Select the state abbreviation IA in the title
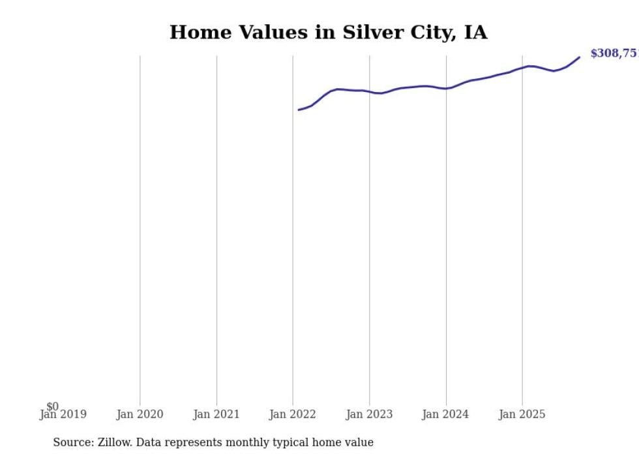(x=475, y=33)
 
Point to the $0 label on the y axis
(x=52, y=406)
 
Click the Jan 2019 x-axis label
(x=63, y=414)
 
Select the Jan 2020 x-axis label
(x=140, y=414)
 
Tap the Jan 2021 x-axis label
(x=216, y=414)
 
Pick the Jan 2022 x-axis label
(x=293, y=414)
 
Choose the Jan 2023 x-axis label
(x=370, y=414)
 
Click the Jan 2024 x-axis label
(x=446, y=414)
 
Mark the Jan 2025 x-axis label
(x=522, y=414)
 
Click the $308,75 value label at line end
(x=614, y=53)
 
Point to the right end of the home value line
(x=579, y=57)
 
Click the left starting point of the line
(x=299, y=110)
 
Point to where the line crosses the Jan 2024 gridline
(x=446, y=88)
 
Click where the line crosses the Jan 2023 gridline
(x=370, y=92)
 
